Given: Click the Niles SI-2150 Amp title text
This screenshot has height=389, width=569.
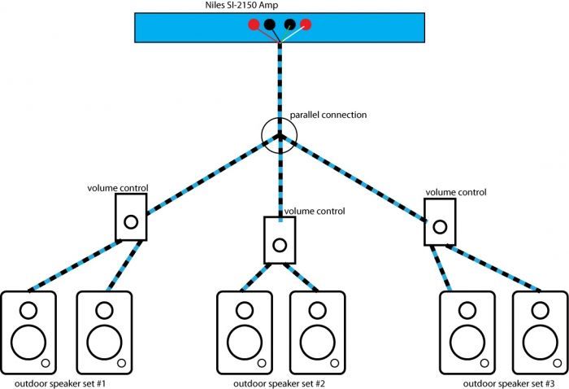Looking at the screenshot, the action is pyautogui.click(x=241, y=5).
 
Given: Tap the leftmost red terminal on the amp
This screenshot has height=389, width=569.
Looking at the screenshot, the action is pyautogui.click(x=254, y=24).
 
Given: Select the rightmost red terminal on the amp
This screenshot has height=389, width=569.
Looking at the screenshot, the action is pyautogui.click(x=306, y=24).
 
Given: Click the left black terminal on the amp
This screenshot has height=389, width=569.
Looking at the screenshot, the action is pyautogui.click(x=269, y=24).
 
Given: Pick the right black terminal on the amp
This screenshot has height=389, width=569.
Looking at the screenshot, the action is pyautogui.click(x=289, y=24).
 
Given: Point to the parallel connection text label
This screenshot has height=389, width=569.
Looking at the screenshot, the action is pyautogui.click(x=328, y=115).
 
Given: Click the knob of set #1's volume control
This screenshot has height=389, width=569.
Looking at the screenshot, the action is pyautogui.click(x=131, y=221).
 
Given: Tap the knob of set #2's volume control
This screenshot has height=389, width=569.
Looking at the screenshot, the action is pyautogui.click(x=280, y=245).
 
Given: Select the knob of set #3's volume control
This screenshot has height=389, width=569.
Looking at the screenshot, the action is pyautogui.click(x=440, y=227).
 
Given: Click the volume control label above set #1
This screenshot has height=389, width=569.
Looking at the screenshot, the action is pyautogui.click(x=118, y=188).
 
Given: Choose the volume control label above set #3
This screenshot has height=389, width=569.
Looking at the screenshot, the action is pyautogui.click(x=456, y=192).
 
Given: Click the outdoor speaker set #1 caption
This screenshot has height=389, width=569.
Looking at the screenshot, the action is pyautogui.click(x=60, y=384).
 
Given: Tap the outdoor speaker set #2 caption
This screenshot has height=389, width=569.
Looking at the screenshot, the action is pyautogui.click(x=279, y=384).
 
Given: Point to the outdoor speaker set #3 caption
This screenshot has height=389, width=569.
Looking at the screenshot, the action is pyautogui.click(x=509, y=384).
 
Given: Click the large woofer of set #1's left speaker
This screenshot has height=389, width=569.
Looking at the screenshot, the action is pyautogui.click(x=28, y=343).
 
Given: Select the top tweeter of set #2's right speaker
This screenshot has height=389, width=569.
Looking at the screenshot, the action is pyautogui.click(x=318, y=310).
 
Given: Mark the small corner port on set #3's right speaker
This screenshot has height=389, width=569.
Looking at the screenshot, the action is pyautogui.click(x=558, y=363).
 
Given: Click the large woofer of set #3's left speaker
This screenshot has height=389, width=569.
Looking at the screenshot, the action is pyautogui.click(x=467, y=343).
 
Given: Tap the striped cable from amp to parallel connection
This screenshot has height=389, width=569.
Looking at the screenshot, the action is pyautogui.click(x=280, y=89).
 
